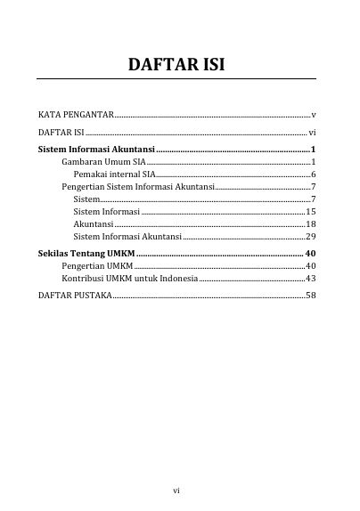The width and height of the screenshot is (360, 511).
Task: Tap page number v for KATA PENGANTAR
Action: point(314,116)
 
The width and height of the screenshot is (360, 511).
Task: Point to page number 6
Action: point(314,174)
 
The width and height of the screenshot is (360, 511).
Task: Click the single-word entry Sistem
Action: point(87,199)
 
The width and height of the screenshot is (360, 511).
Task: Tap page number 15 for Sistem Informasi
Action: point(311,212)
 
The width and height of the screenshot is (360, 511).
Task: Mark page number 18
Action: point(311,224)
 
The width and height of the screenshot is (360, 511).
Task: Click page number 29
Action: point(311,237)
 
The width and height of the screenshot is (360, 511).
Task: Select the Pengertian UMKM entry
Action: point(96,266)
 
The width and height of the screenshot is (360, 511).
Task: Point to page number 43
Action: point(311,279)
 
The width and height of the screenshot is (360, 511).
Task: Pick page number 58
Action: point(311,295)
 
